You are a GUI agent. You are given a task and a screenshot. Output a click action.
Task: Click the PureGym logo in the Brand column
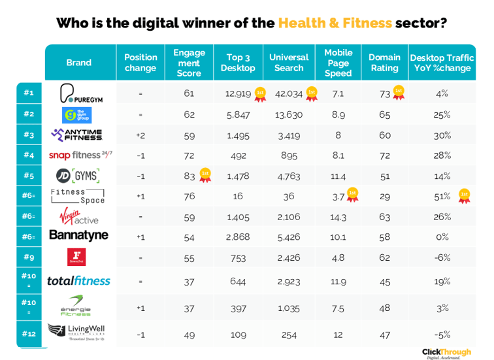coord(80,93)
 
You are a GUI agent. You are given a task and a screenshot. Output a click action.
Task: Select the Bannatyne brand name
coord(78,235)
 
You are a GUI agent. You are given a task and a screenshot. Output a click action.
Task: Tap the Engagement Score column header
coord(189,63)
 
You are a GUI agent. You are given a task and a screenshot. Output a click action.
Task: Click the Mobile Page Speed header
coord(338,63)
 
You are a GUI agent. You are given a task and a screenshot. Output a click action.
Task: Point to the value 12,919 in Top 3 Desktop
coord(238,93)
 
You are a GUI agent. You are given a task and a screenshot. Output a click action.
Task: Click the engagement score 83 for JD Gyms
coord(188,175)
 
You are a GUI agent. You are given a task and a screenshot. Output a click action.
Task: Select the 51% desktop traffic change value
coord(442,195)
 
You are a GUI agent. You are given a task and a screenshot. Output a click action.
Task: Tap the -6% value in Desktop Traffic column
coord(442,257)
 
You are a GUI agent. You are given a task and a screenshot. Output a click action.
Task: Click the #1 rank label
coord(29,93)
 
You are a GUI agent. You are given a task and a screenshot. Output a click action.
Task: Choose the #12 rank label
coord(29,333)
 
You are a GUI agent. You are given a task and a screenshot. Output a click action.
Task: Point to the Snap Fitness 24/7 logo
coord(80,155)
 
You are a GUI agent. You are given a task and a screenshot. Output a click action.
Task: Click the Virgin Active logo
coord(78,216)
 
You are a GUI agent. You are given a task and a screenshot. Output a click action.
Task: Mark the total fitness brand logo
coord(78,281)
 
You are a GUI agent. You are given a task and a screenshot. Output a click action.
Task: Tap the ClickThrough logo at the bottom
coord(446,353)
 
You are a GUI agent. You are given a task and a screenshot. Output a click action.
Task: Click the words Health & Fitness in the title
coord(335,24)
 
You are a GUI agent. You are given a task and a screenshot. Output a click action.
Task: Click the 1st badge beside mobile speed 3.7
coord(352,194)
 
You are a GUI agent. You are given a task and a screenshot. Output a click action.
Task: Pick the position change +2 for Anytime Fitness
coord(140,135)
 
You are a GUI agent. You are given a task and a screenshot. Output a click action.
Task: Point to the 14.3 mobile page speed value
coord(338,216)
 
